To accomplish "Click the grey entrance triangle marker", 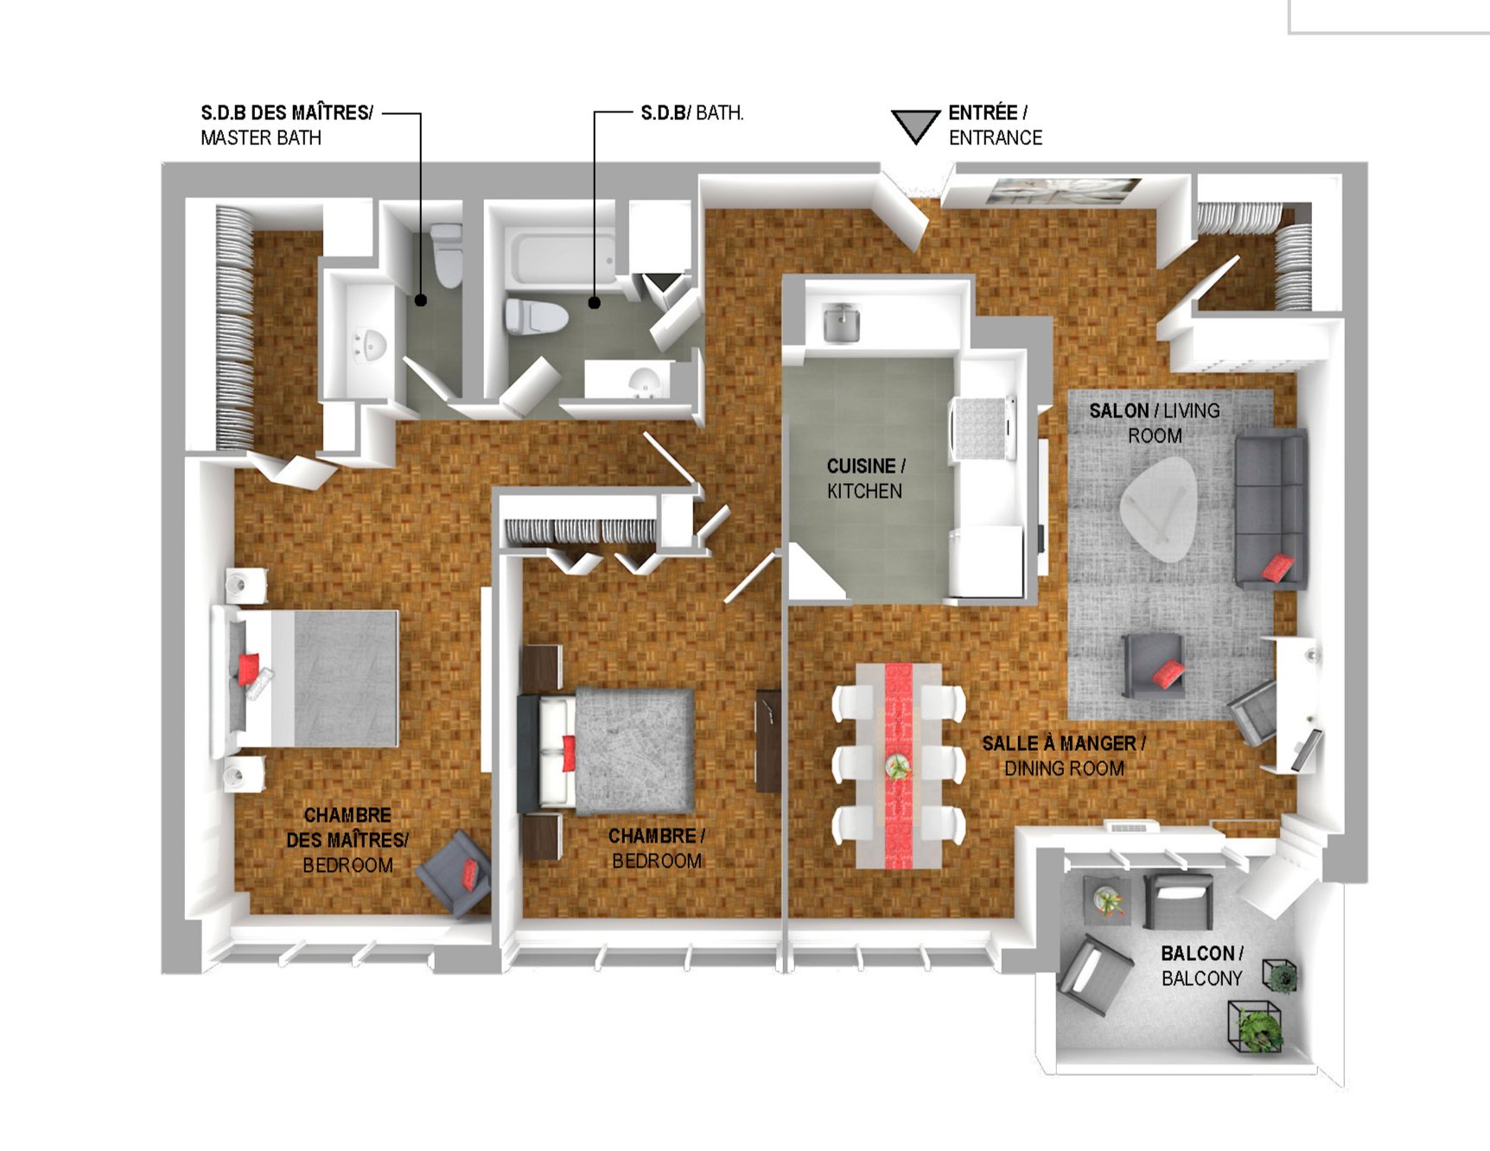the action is click(x=915, y=124).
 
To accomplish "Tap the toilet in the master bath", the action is click(x=447, y=255).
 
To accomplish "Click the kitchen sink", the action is click(x=840, y=322).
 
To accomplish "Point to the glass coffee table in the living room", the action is click(x=1158, y=508).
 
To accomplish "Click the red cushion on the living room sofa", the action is click(x=1277, y=568).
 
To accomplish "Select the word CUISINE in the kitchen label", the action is click(x=861, y=467).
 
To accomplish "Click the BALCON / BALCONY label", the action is click(x=1202, y=966).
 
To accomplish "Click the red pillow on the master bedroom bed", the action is click(x=248, y=668).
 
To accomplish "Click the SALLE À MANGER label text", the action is click(x=1064, y=743).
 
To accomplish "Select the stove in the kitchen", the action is click(x=984, y=427).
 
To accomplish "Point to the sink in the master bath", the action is click(x=370, y=345).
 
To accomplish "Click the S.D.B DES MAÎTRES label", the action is click(x=287, y=113).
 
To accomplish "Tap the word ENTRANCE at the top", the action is click(x=996, y=138).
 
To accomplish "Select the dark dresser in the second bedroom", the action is click(x=767, y=741).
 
